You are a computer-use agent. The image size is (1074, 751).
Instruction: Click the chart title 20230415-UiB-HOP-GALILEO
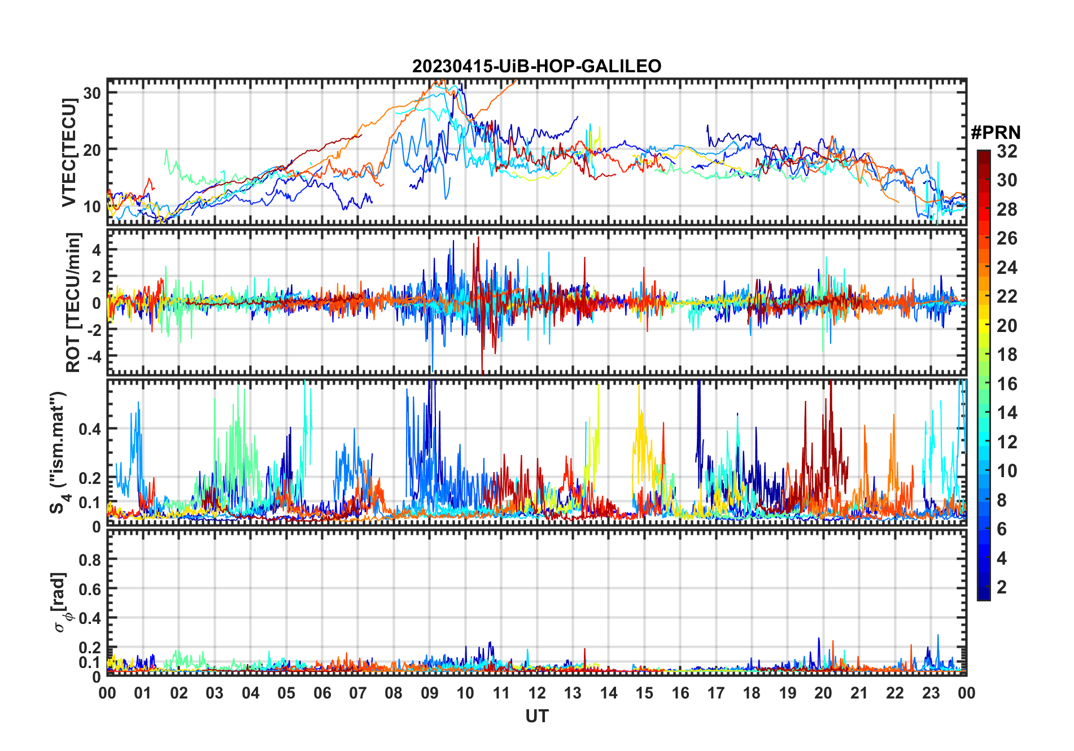click(x=536, y=67)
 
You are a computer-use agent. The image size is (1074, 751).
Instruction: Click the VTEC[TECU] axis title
click(x=69, y=152)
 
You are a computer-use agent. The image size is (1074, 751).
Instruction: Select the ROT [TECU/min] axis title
click(x=73, y=302)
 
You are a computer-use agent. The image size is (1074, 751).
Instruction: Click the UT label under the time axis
click(x=536, y=717)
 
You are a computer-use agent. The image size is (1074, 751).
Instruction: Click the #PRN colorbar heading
click(x=996, y=133)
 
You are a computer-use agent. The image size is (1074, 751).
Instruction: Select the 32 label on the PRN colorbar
click(x=1007, y=151)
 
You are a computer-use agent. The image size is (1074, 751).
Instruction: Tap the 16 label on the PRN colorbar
click(x=1007, y=384)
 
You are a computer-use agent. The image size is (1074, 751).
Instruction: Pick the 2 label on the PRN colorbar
click(x=1002, y=587)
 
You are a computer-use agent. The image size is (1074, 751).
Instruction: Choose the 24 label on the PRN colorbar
click(x=1007, y=268)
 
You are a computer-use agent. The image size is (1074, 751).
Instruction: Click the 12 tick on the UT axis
click(x=537, y=693)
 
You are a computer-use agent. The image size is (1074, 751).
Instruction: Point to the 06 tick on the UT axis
click(x=322, y=693)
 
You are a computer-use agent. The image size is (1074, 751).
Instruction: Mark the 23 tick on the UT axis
click(x=931, y=693)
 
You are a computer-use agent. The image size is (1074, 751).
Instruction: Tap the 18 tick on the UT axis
click(x=752, y=693)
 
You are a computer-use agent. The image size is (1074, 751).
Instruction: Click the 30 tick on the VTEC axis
click(x=92, y=93)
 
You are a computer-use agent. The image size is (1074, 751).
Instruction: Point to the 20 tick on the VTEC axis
click(x=92, y=150)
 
